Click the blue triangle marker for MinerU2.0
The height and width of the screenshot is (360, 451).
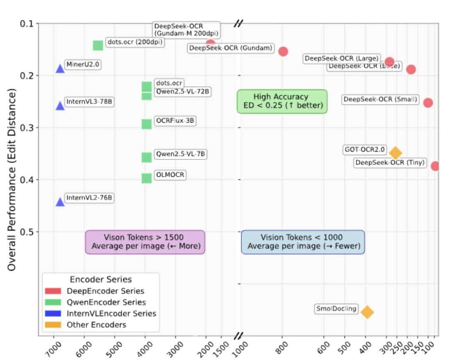click(x=60, y=68)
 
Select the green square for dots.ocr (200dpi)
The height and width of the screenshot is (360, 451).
click(x=98, y=45)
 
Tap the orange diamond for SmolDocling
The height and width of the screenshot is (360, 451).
click(x=367, y=312)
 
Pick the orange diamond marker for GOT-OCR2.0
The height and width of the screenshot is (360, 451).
click(x=395, y=153)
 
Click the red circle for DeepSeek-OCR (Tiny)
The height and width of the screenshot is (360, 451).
click(x=436, y=166)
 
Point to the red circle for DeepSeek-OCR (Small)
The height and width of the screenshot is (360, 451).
click(x=428, y=103)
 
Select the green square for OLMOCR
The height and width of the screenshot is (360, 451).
click(x=146, y=178)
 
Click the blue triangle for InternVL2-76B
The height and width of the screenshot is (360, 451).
click(x=60, y=202)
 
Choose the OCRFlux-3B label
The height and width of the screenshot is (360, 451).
click(x=175, y=121)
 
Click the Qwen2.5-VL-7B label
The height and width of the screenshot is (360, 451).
click(x=180, y=154)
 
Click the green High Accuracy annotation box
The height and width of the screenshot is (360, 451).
click(x=282, y=101)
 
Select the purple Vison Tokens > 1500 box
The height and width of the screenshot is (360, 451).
click(x=145, y=242)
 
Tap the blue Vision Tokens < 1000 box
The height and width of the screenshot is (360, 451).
click(x=303, y=242)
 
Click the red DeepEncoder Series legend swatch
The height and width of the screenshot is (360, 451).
click(x=53, y=291)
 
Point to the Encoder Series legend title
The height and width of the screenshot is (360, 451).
click(x=101, y=279)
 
